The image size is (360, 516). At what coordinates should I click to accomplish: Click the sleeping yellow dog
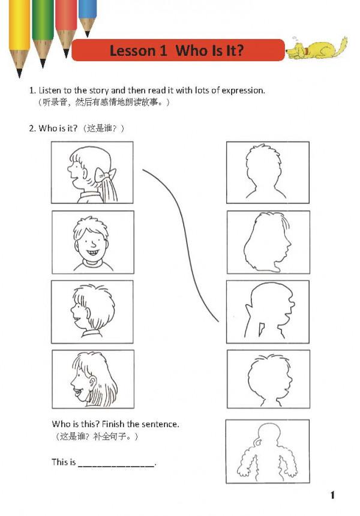coord(316,49)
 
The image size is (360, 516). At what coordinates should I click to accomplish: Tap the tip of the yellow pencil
coord(19,76)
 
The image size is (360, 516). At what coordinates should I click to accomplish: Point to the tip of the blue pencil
coord(87,35)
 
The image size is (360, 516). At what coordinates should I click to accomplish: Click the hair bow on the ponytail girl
coord(106,175)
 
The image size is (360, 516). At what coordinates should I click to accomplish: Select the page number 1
coord(332,494)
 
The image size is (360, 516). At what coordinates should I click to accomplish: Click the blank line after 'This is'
coord(116,466)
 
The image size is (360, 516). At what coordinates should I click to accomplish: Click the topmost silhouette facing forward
coord(266,172)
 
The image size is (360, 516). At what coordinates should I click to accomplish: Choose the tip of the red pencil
coord(66,56)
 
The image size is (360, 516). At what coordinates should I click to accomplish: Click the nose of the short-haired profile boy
coord(73,310)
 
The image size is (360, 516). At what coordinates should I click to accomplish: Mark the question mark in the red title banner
coord(239,50)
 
